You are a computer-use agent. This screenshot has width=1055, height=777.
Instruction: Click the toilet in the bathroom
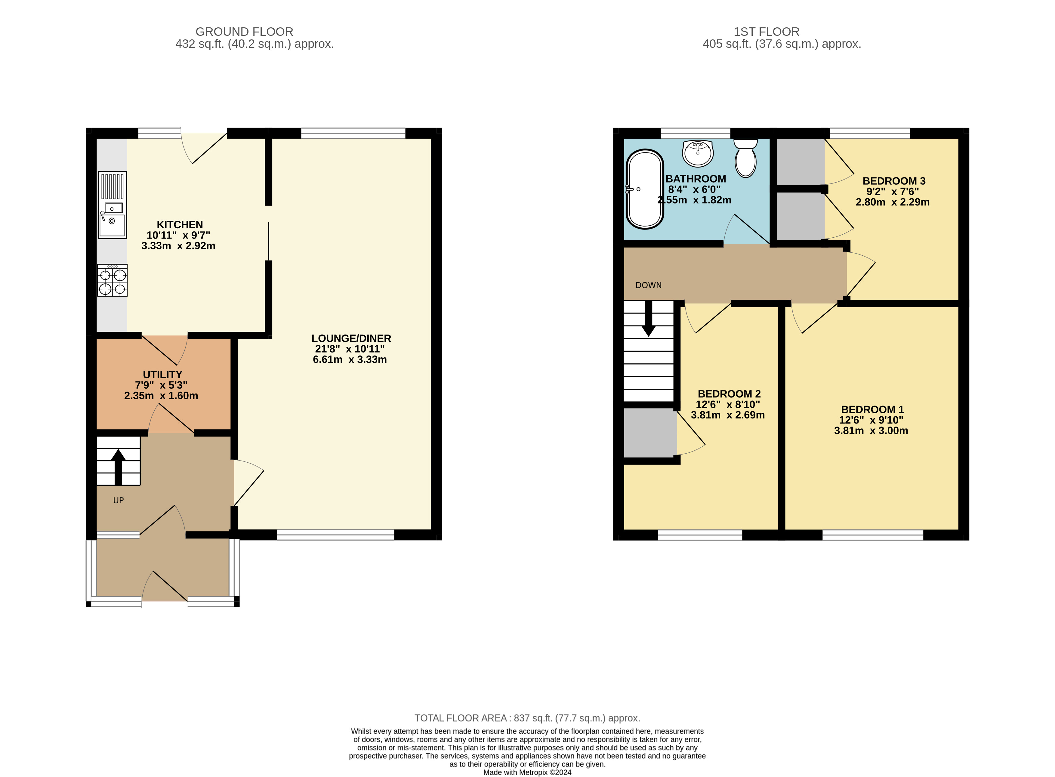745,158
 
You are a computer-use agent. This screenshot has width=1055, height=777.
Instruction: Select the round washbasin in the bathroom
698,153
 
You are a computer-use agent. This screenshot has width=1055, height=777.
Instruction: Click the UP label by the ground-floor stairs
119,501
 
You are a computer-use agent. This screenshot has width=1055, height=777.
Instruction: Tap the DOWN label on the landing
649,285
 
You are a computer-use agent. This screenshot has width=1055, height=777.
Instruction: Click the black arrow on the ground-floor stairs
118,467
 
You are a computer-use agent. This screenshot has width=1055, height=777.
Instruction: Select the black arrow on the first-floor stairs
649,319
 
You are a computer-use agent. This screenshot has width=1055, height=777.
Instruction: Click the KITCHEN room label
180,225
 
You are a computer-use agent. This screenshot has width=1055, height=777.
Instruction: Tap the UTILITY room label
162,375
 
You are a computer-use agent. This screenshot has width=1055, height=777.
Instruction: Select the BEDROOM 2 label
729,394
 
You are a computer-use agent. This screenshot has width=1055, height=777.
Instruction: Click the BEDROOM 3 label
894,181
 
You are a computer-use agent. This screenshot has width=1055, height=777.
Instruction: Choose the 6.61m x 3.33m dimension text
350,359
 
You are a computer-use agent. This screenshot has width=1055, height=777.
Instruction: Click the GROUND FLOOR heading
244,32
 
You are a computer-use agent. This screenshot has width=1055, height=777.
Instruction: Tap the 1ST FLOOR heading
767,32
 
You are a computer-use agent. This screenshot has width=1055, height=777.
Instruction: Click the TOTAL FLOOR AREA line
527,718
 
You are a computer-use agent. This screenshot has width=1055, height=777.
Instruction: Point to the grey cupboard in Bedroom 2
650,432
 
